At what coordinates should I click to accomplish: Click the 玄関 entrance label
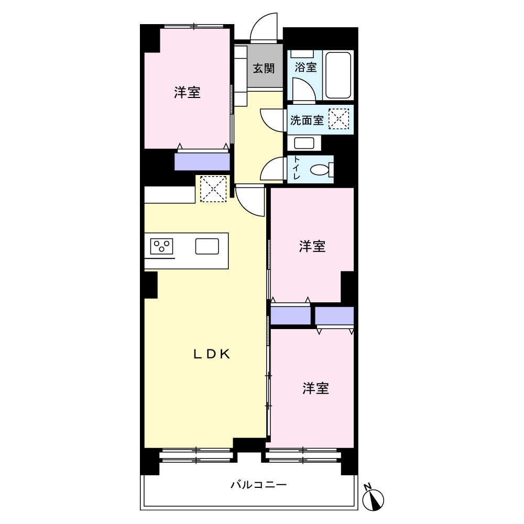[x=264, y=68]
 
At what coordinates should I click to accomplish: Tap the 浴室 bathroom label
[x=305, y=67]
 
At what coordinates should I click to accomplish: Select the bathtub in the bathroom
[x=338, y=75]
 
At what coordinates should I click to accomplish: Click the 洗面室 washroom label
[x=307, y=120]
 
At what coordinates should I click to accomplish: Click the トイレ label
[x=297, y=168]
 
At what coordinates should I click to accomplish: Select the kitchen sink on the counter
[x=207, y=246]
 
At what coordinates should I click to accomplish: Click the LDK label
[x=212, y=354]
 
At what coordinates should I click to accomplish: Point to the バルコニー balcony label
[x=259, y=485]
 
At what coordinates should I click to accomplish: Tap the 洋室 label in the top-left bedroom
[x=187, y=92]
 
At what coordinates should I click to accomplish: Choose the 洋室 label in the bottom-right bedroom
[x=316, y=388]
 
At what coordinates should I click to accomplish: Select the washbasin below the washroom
[x=304, y=143]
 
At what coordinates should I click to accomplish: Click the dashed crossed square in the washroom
[x=339, y=119]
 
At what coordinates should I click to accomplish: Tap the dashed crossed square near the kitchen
[x=213, y=189]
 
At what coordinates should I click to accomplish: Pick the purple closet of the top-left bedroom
[x=202, y=161]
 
